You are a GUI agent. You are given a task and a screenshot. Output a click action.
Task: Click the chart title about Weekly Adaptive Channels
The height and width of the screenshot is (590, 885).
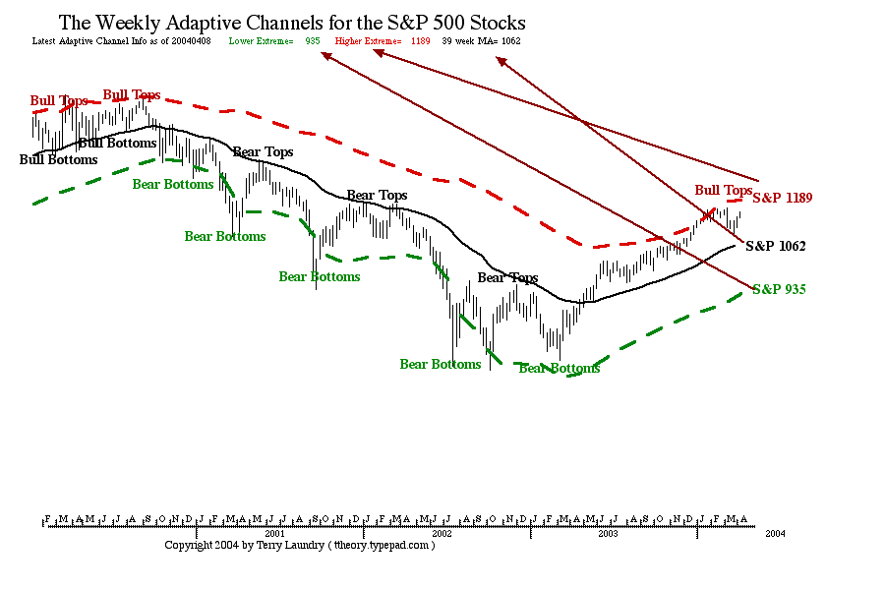[292, 22]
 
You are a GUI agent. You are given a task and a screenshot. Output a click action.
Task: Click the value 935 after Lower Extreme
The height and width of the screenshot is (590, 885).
[313, 41]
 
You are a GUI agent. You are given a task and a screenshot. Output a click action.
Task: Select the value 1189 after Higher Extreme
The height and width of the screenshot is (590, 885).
[421, 41]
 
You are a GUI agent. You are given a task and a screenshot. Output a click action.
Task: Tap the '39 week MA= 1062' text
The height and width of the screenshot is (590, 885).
[481, 41]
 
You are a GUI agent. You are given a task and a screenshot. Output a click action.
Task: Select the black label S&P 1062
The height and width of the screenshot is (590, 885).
[776, 246]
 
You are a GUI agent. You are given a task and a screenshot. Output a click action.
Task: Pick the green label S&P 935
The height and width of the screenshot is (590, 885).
[780, 289]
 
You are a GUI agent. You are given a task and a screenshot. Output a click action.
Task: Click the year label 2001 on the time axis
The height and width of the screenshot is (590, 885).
[275, 533]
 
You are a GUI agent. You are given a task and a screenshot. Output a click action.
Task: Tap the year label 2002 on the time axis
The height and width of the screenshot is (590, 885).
[442, 533]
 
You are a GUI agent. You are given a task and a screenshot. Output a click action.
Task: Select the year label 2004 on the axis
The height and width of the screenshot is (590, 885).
[775, 533]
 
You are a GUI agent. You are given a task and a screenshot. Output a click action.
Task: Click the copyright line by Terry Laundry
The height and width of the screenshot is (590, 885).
[299, 545]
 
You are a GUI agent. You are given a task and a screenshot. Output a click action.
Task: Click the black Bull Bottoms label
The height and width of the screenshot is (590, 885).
[59, 159]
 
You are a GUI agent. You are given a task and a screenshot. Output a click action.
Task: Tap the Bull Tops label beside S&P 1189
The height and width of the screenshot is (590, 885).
[724, 190]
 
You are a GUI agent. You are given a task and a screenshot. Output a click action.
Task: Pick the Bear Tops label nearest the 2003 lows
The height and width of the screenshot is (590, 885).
[507, 278]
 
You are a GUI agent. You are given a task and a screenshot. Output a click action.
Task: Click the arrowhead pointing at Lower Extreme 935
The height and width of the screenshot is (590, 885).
[325, 55]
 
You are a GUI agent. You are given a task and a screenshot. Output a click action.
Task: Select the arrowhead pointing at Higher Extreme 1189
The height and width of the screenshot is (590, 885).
[376, 53]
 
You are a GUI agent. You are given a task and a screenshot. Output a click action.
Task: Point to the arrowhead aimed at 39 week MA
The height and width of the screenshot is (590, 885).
[501, 62]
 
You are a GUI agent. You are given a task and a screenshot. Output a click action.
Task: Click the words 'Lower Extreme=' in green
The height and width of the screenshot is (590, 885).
[261, 41]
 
